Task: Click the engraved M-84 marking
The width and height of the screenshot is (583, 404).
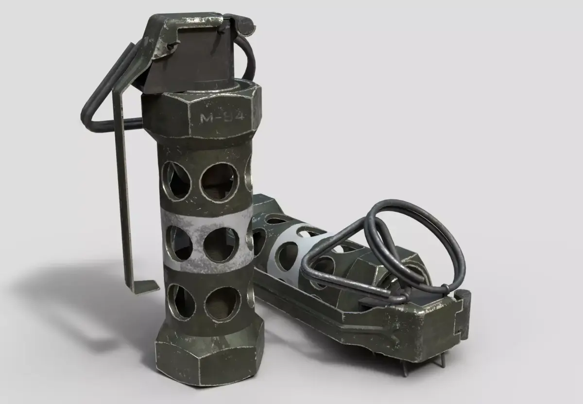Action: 222,118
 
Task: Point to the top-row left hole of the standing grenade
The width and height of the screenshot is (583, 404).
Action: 176,181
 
